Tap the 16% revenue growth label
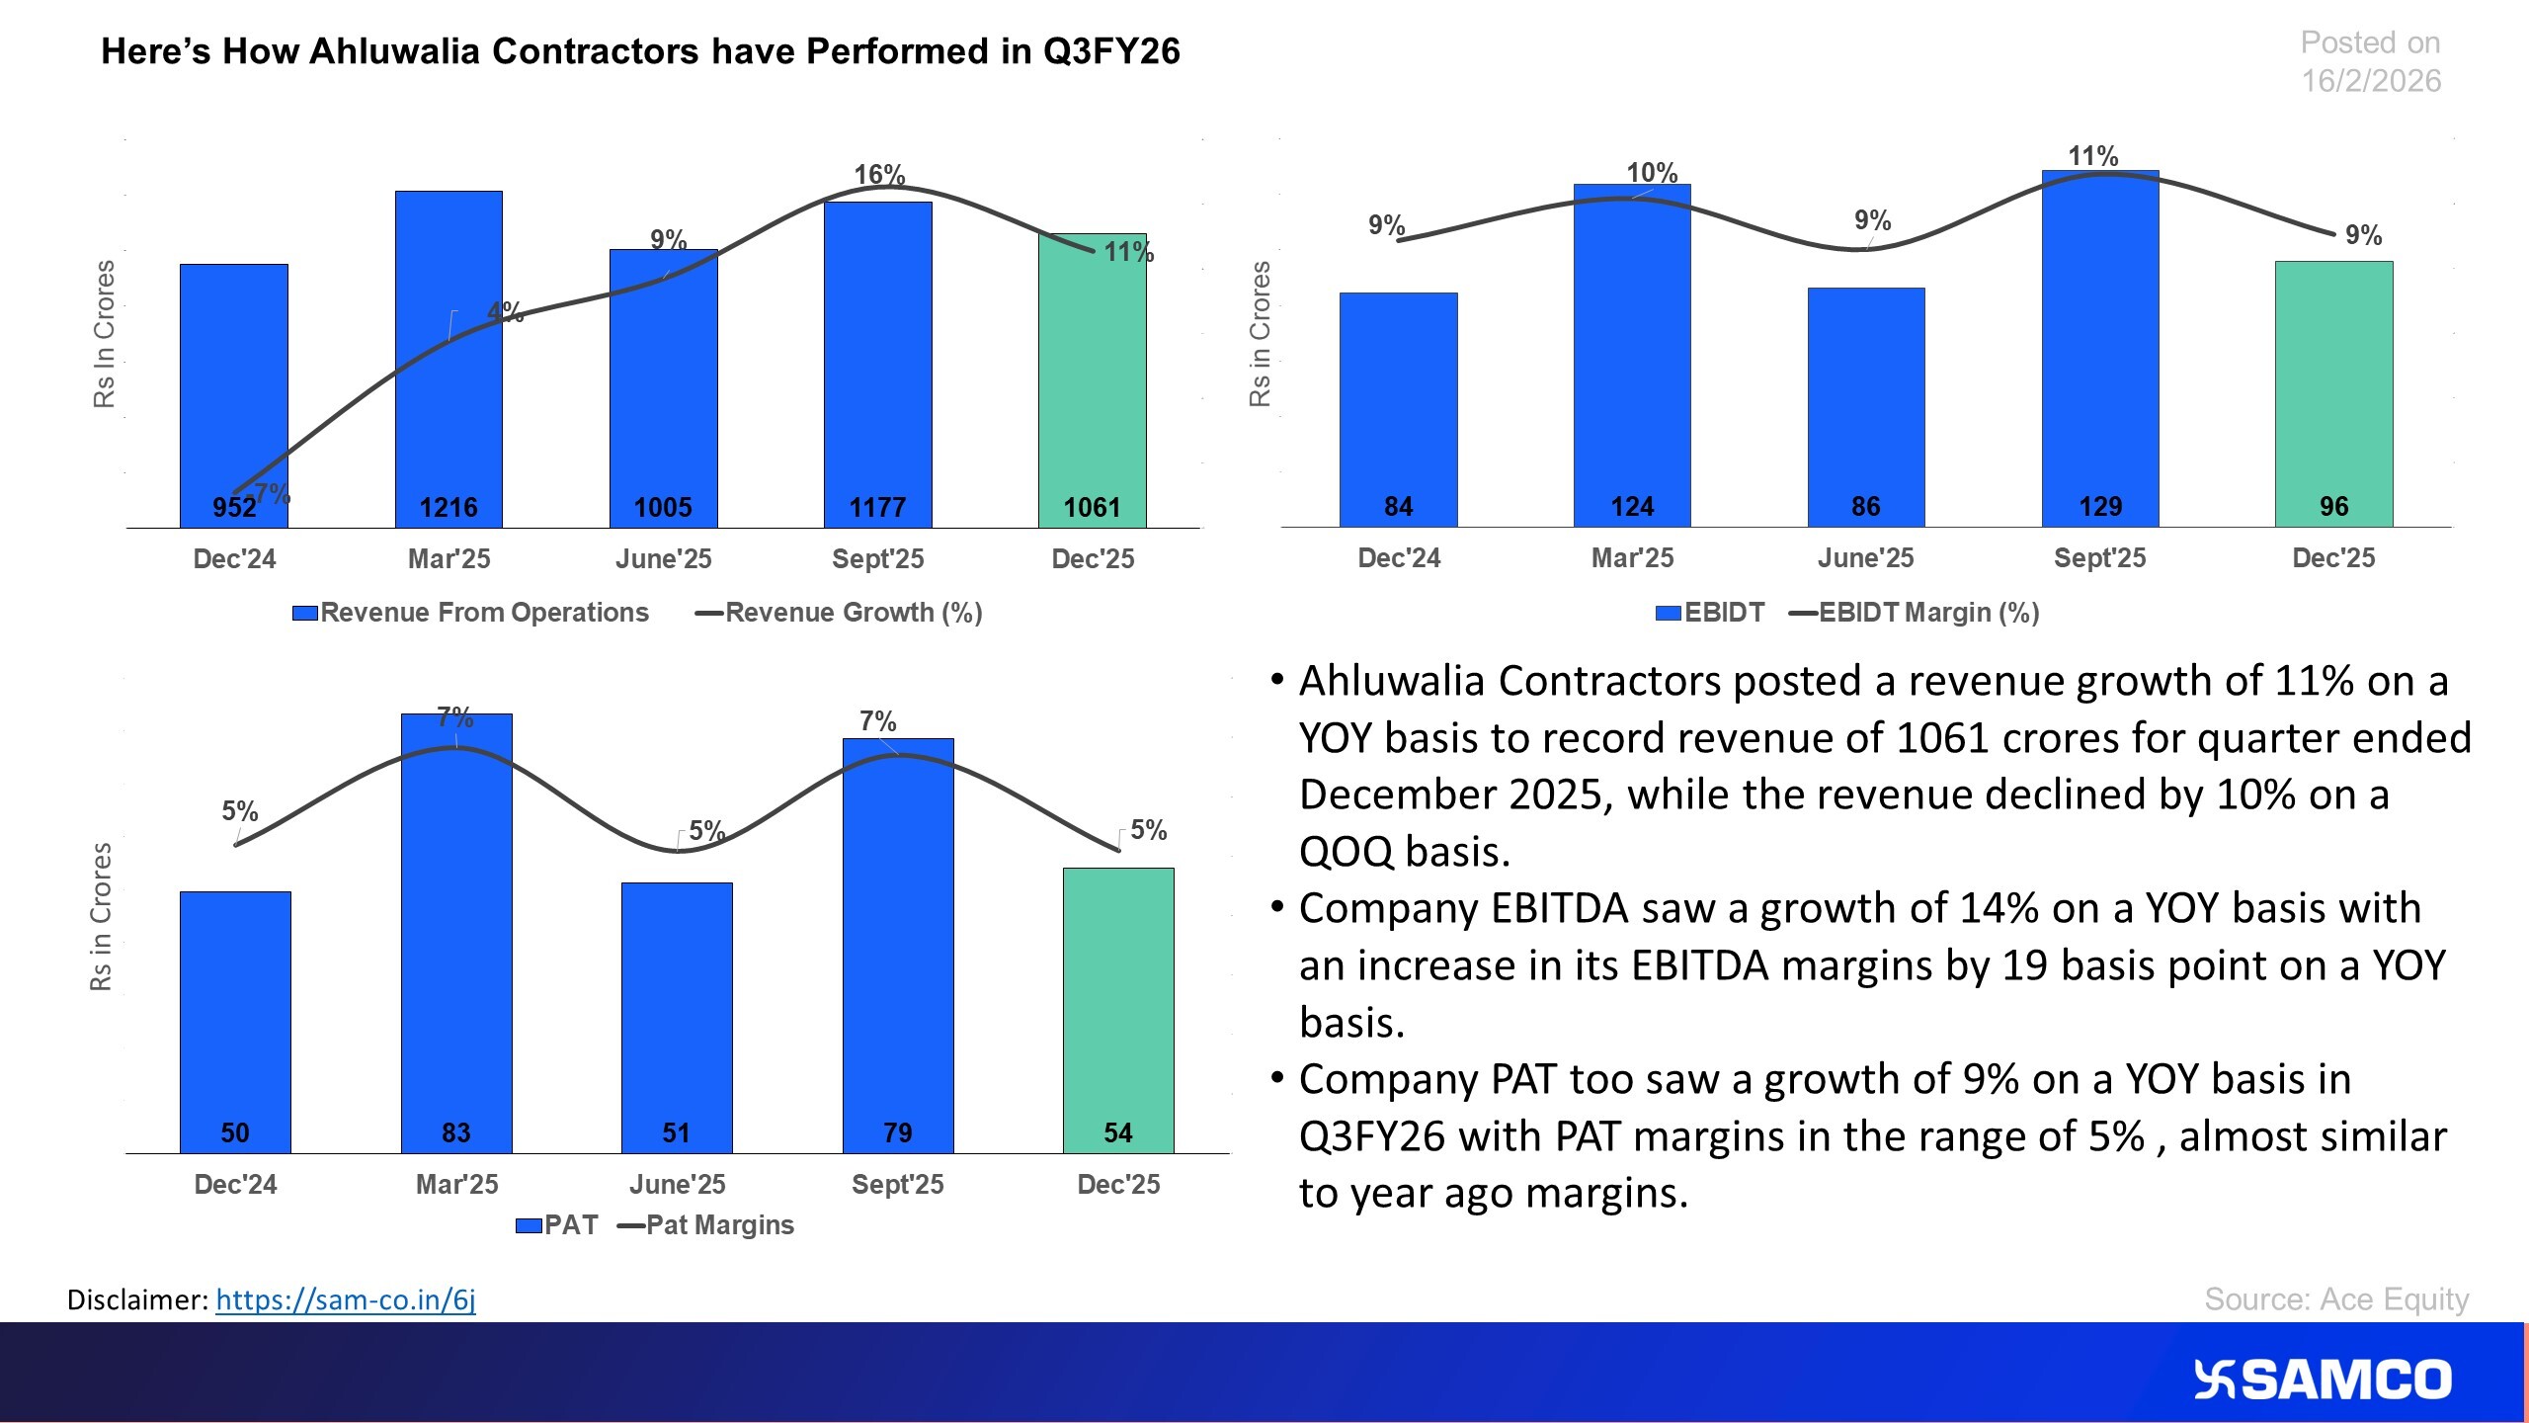(879, 175)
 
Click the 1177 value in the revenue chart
(877, 507)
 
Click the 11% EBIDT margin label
(2092, 156)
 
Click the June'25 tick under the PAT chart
(677, 1184)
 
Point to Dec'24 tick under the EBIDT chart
(1399, 558)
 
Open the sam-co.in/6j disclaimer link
(346, 1299)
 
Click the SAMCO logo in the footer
(2322, 1381)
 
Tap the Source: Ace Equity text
(2336, 1298)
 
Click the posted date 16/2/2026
(2371, 81)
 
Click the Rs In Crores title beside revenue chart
(105, 334)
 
